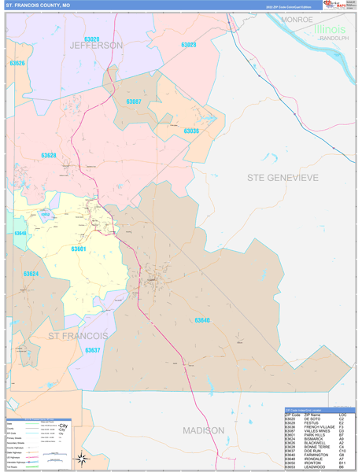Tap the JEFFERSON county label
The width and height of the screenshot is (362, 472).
click(x=96, y=46)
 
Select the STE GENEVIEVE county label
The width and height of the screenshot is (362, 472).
click(x=283, y=178)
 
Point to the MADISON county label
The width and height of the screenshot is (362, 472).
click(x=204, y=430)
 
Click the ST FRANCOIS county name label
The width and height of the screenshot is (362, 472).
click(x=76, y=336)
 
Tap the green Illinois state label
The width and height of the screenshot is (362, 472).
click(x=330, y=29)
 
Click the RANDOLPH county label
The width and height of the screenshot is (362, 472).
click(x=333, y=38)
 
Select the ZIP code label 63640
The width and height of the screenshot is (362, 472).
click(x=202, y=320)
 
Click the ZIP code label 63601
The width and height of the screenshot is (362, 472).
click(x=78, y=249)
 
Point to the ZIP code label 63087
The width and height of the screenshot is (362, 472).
click(x=134, y=101)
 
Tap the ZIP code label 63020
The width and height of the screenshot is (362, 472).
click(x=91, y=39)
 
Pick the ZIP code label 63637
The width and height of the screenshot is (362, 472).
click(x=93, y=349)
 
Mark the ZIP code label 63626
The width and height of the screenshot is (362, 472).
click(x=17, y=64)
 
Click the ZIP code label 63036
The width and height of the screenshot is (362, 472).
click(x=191, y=131)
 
